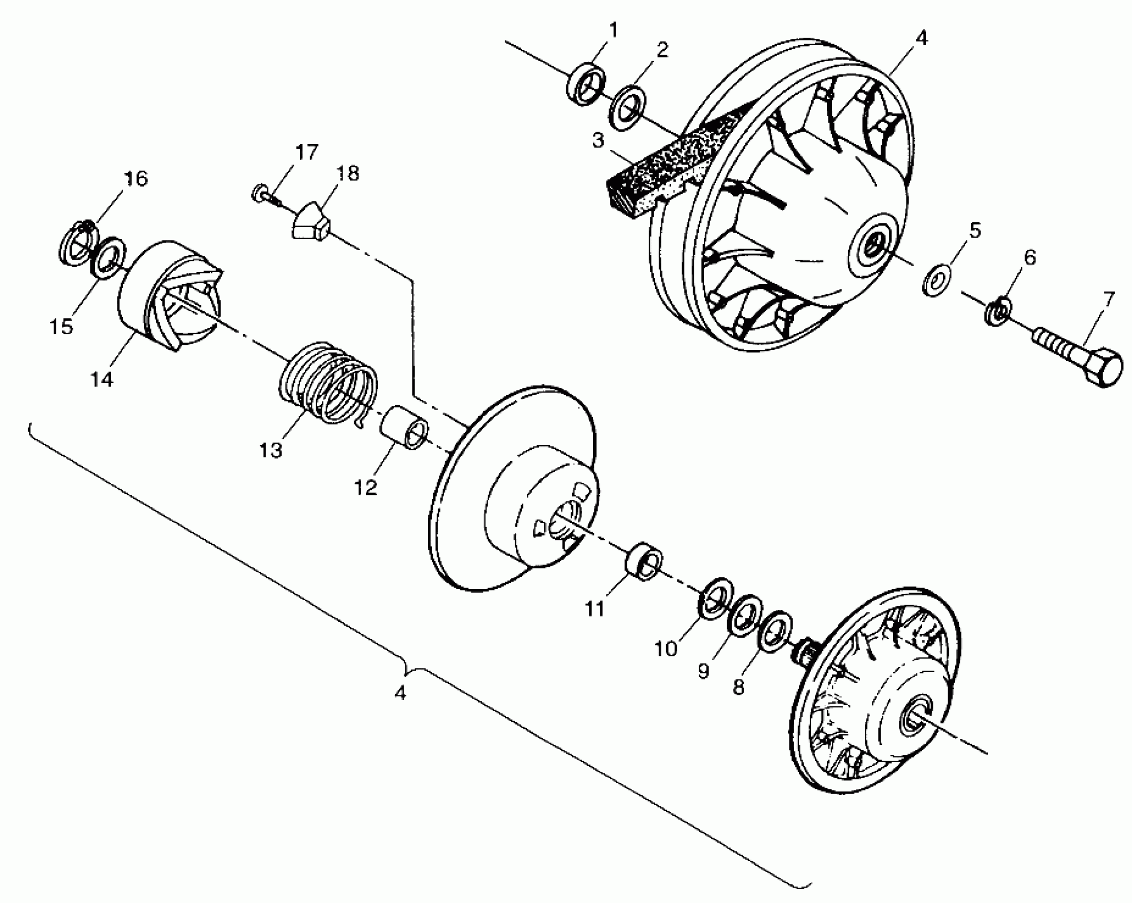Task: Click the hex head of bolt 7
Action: (1101, 367)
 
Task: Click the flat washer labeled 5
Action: (937, 279)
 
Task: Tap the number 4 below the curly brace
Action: (401, 692)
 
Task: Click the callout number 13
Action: (271, 450)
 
